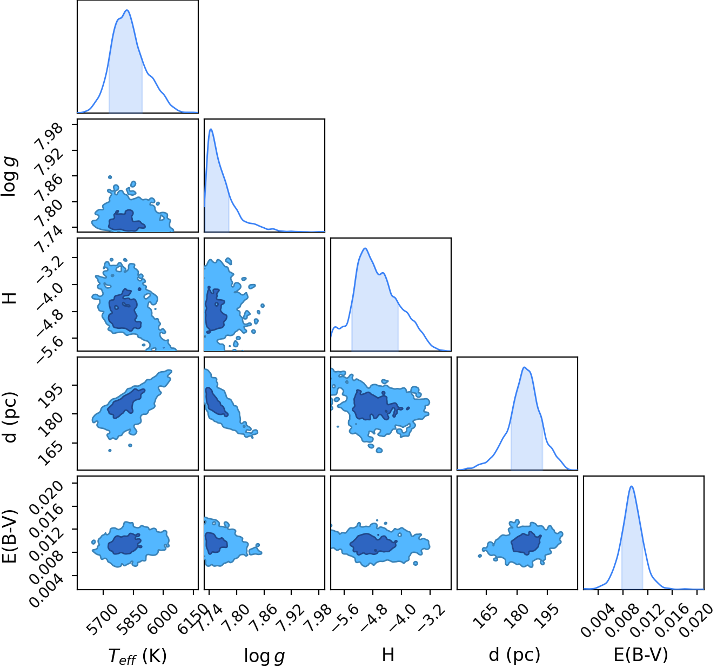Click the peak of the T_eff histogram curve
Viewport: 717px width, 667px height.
click(x=127, y=10)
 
